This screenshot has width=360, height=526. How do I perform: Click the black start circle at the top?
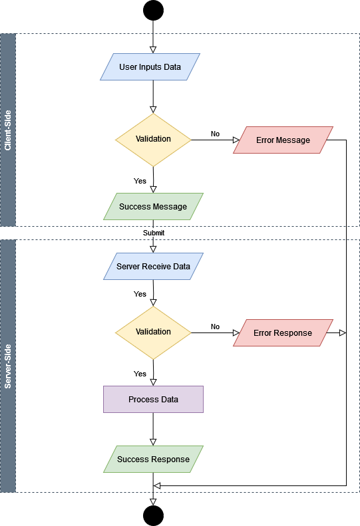pos(153,11)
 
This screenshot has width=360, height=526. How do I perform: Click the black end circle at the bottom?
pos(153,515)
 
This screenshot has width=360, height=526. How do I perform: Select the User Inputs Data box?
pos(150,66)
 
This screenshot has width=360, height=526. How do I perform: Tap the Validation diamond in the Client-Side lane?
pos(153,140)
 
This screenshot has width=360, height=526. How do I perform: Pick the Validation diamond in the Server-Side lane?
pos(153,332)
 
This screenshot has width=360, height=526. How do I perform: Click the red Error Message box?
pos(283,140)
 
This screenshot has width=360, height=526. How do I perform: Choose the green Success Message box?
pos(153,206)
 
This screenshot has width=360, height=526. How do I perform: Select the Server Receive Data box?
pos(153,267)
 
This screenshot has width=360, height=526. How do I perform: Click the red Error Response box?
pos(283,332)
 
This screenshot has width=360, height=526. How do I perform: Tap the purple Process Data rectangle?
pos(153,399)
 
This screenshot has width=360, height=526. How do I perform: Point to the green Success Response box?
pos(153,460)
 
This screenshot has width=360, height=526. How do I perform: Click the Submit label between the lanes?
pos(154,233)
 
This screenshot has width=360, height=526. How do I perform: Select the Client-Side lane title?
pos(8,130)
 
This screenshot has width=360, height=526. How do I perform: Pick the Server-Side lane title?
pos(8,366)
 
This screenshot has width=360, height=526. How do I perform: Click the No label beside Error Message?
pos(215,134)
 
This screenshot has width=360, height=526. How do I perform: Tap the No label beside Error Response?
pos(215,327)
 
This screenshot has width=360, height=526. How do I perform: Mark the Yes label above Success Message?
pos(140,181)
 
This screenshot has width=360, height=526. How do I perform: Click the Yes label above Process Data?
pos(140,374)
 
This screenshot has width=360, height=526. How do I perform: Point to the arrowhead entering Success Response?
pos(153,442)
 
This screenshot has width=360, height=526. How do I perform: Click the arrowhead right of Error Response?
pos(343,332)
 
